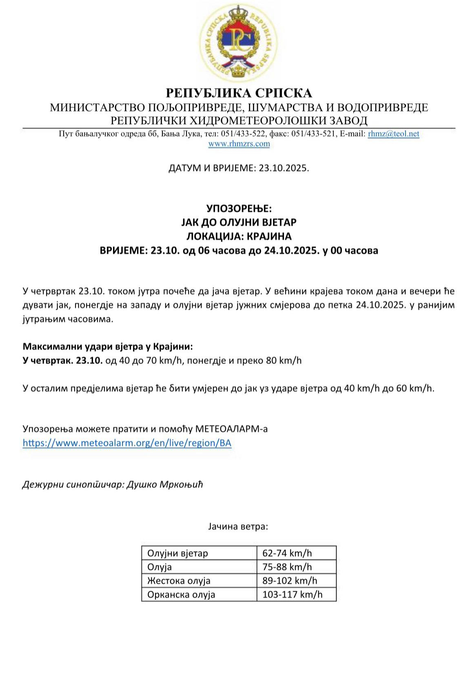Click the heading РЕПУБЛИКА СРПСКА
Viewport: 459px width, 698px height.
(x=239, y=93)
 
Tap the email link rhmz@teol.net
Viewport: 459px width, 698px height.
(x=393, y=133)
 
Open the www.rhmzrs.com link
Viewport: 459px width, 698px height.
(x=239, y=144)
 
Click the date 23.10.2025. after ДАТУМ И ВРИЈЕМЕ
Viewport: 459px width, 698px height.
(x=284, y=168)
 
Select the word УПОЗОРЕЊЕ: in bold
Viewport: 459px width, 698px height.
(x=239, y=209)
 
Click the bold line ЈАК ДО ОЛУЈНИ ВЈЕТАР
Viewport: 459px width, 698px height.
(x=239, y=222)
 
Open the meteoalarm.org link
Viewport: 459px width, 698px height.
(x=127, y=443)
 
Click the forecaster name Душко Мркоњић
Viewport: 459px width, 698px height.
(x=165, y=485)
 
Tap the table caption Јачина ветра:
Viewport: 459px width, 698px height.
(x=238, y=526)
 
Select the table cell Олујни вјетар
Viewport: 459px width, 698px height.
(x=177, y=553)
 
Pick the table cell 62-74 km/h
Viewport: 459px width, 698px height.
(x=287, y=553)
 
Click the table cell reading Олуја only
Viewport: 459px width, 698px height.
(x=160, y=567)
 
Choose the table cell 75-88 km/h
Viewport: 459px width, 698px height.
(x=287, y=567)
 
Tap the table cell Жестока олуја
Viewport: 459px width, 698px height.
(x=179, y=580)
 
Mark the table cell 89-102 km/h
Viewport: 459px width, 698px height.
(x=290, y=580)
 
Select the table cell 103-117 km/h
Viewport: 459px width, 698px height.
(x=292, y=594)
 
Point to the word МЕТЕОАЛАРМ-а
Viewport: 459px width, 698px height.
(x=232, y=429)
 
